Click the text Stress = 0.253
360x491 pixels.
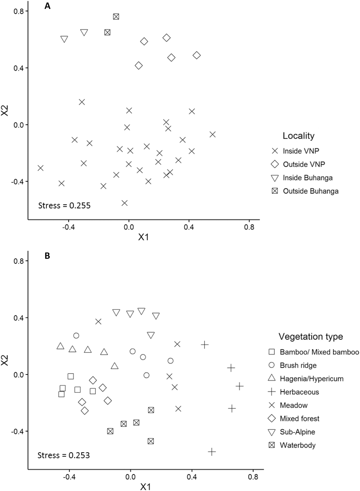pyautogui.click(x=64, y=455)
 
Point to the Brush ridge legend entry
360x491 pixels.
pyautogui.click(x=298, y=365)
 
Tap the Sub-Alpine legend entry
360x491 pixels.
pyautogui.click(x=298, y=432)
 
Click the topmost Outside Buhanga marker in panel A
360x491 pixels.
pyautogui.click(x=116, y=17)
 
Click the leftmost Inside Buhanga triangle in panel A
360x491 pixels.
pyautogui.click(x=64, y=39)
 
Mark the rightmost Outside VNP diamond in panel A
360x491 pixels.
pyautogui.click(x=197, y=55)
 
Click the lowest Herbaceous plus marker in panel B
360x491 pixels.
pyautogui.click(x=212, y=451)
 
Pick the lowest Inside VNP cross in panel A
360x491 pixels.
pyautogui.click(x=124, y=203)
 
